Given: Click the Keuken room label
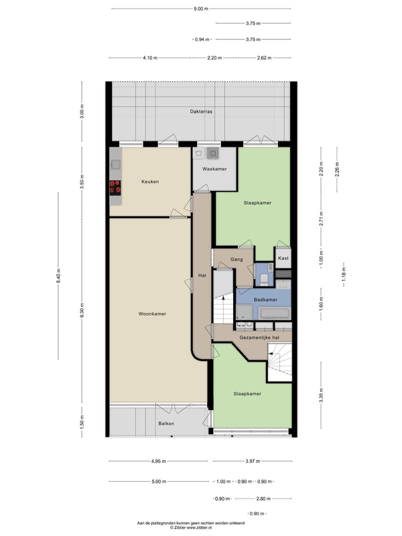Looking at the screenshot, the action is click(150, 182).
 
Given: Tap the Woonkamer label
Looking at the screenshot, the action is click(152, 314).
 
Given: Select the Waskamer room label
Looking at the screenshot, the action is click(214, 169).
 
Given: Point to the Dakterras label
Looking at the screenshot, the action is click(201, 111).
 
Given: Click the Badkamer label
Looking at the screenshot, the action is click(265, 299).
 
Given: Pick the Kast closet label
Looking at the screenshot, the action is click(283, 258).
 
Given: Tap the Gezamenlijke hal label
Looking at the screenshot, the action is click(259, 338).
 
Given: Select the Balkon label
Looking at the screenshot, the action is click(166, 423).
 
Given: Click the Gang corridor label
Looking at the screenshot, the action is click(237, 259).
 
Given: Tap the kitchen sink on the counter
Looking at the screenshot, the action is click(115, 165).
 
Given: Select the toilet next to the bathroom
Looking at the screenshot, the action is click(264, 279).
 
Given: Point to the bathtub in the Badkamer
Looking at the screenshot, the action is click(275, 313).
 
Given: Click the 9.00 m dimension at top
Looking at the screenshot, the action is click(201, 9).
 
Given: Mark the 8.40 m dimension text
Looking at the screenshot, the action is click(58, 276).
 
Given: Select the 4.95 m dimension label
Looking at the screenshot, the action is click(158, 461).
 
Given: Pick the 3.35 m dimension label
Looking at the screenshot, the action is click(321, 395).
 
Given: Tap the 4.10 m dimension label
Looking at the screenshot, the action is click(150, 58).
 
